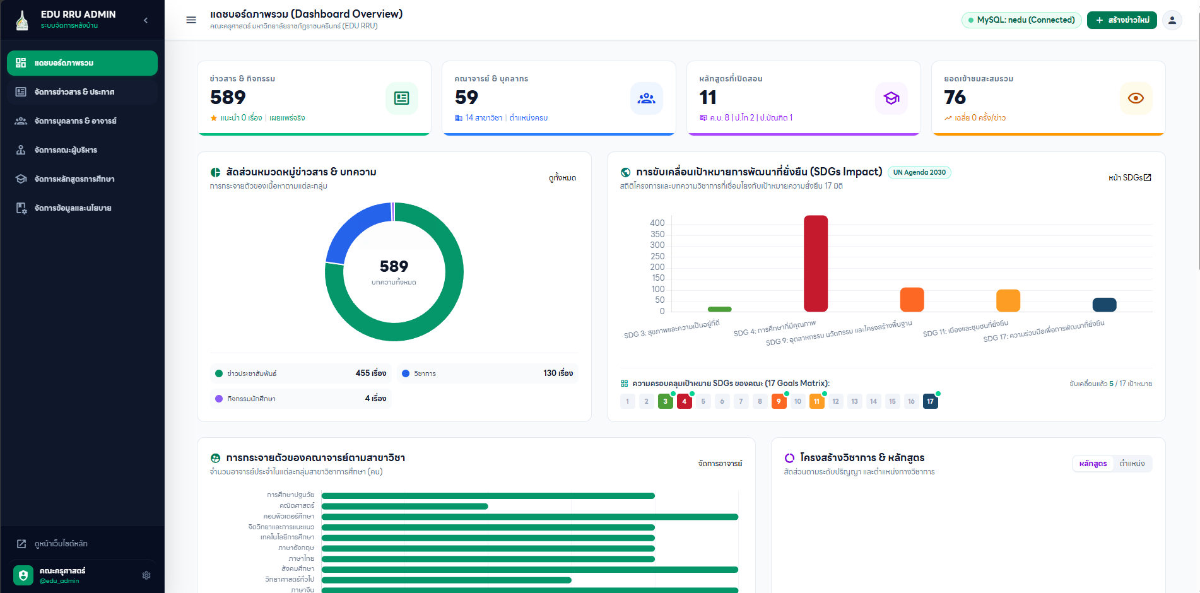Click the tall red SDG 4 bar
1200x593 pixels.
[x=815, y=264]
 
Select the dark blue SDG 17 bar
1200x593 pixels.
[x=1104, y=305]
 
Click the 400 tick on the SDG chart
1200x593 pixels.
[x=657, y=223]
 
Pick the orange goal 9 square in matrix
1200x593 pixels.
[x=779, y=401]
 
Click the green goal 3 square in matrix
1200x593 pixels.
[x=665, y=401]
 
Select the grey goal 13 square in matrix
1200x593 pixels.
[x=854, y=401]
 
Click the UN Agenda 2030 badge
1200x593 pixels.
[x=919, y=172]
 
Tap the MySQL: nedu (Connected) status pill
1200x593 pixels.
[x=1021, y=20]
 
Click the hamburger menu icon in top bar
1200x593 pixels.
[x=191, y=20]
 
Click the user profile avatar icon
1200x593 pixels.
[x=1172, y=20]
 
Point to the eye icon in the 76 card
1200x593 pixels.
[x=1136, y=98]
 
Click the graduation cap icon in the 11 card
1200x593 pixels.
[x=891, y=98]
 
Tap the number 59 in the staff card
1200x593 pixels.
[x=466, y=97]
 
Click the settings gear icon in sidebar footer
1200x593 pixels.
[x=146, y=575]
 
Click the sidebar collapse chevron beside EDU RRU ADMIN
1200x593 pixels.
[x=146, y=20]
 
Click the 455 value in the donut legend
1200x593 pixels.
[x=371, y=373]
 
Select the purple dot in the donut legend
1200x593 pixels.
[x=219, y=399]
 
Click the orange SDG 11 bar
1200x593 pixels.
[x=1008, y=300]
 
